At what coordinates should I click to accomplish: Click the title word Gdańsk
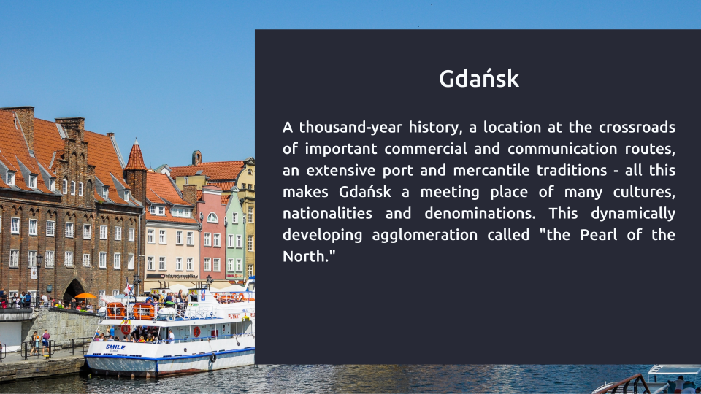tap(479, 79)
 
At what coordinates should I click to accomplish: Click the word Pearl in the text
tap(598, 234)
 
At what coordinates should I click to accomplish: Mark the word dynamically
tap(633, 214)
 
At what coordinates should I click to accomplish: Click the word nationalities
tap(327, 213)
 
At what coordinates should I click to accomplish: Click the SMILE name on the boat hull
tap(115, 347)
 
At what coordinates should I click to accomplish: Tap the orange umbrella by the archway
tap(85, 295)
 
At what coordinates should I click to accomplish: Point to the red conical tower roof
tap(136, 155)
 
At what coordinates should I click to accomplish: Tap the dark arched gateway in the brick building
tap(73, 290)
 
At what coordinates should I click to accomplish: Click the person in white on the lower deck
tap(171, 336)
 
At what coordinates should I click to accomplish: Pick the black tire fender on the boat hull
tap(213, 358)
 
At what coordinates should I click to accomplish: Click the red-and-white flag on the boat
tap(129, 289)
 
